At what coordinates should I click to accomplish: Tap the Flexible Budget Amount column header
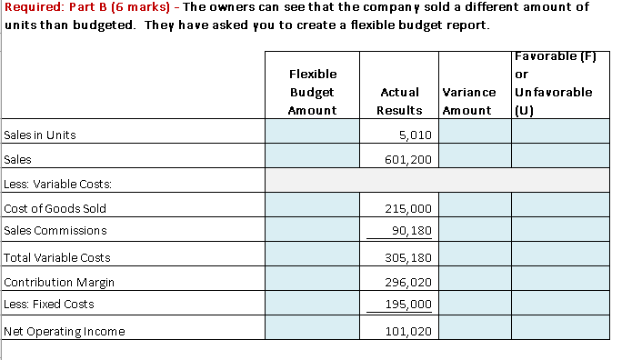coord(312,92)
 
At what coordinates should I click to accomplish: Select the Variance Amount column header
coord(468,101)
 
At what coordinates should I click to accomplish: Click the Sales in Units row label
coord(40,135)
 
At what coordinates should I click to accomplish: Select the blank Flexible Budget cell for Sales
coord(313,160)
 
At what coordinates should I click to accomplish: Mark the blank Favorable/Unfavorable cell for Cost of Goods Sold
coord(558,209)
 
